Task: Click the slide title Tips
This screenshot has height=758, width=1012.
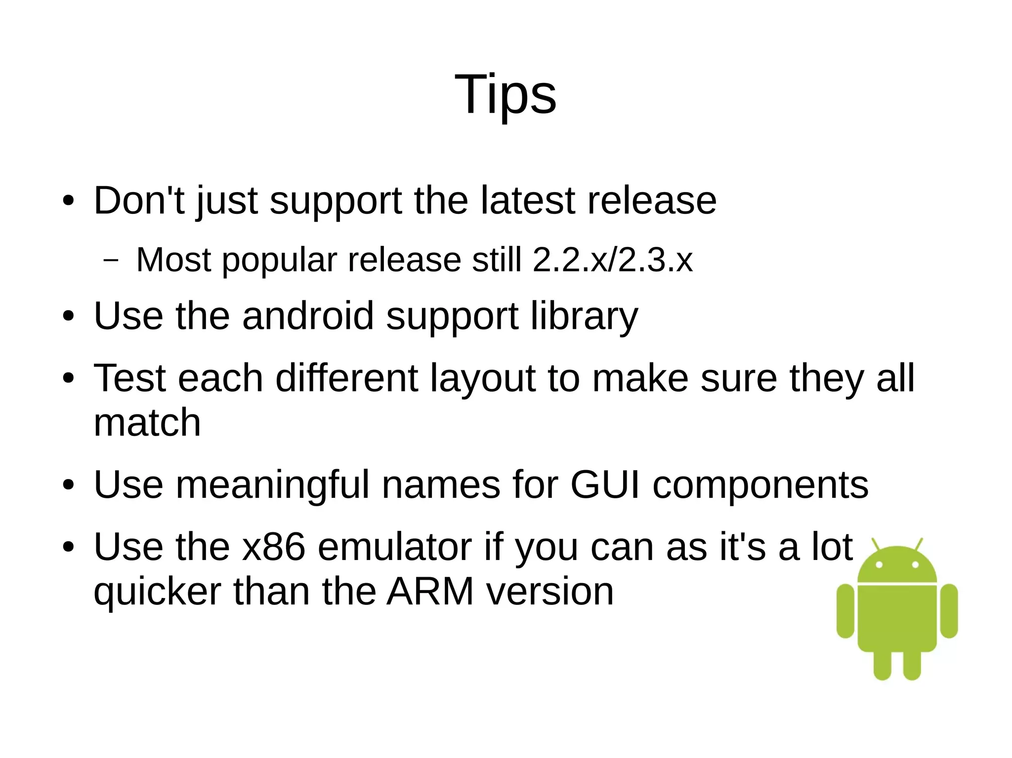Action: click(x=505, y=94)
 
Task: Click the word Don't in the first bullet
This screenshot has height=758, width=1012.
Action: click(x=139, y=200)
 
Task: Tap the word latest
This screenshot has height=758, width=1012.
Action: click(x=527, y=200)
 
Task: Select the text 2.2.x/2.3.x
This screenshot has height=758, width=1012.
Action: click(x=613, y=260)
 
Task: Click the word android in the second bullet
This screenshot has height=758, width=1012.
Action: click(x=308, y=316)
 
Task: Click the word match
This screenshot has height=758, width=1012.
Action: click(x=147, y=423)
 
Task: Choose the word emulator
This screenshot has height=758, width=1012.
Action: click(x=394, y=547)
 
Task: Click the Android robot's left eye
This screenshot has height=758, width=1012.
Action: click(x=879, y=565)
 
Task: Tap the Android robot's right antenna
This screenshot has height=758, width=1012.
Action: click(x=919, y=545)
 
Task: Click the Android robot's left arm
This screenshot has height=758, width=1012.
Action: click(x=845, y=611)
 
